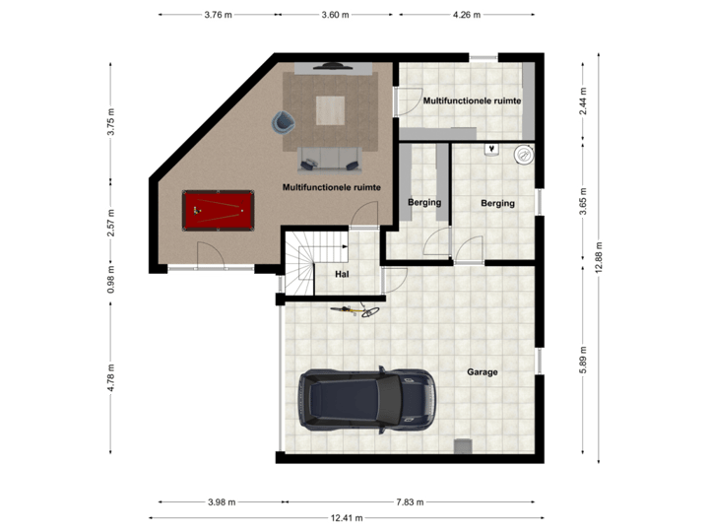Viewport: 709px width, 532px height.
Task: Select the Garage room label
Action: [483, 372]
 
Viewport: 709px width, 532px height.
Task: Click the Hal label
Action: [342, 275]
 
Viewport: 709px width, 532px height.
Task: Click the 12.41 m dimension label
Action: [348, 518]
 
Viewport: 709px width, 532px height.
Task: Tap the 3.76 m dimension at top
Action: [219, 15]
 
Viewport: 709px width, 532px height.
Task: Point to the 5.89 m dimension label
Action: [583, 357]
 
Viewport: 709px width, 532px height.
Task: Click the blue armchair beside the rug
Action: [284, 121]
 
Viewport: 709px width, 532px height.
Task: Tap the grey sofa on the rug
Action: [330, 156]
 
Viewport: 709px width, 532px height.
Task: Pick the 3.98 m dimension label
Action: [223, 501]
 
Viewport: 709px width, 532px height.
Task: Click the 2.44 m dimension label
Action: [583, 101]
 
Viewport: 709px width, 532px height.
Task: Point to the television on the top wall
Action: [330, 65]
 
